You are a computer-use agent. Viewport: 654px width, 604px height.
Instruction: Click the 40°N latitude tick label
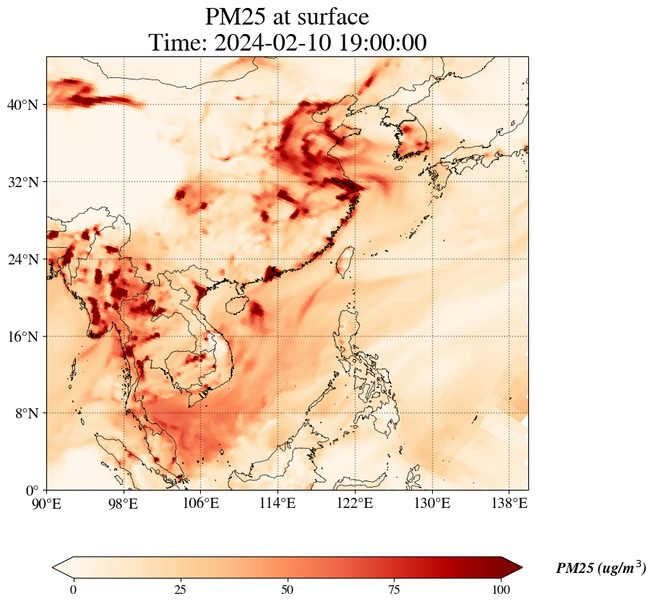click(22, 105)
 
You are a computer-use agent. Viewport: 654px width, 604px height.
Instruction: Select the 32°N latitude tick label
click(22, 182)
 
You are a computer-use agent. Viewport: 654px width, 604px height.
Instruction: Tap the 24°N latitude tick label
click(22, 259)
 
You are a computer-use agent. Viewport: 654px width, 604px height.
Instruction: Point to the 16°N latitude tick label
click(22, 337)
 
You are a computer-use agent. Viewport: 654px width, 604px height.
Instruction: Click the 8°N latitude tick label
click(26, 413)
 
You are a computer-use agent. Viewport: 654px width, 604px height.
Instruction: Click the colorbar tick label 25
click(180, 590)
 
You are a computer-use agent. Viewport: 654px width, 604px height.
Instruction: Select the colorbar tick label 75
click(395, 590)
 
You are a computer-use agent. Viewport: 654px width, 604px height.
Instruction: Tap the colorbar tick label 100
click(502, 590)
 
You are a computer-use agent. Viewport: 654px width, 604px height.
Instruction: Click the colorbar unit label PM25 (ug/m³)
click(601, 569)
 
